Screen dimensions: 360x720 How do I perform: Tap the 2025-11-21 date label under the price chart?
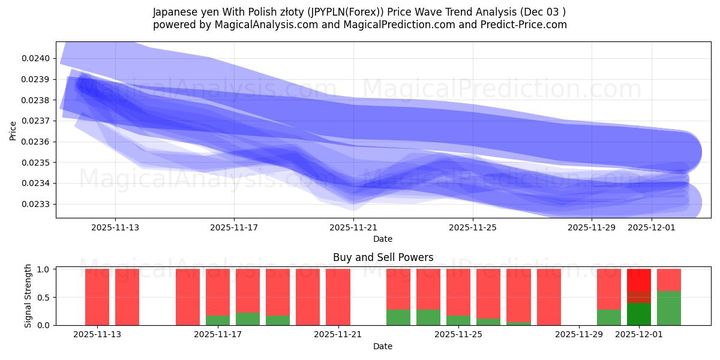coord(353,227)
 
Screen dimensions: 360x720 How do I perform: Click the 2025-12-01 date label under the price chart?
coord(651,227)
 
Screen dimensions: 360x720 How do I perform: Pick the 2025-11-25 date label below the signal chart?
coord(458,335)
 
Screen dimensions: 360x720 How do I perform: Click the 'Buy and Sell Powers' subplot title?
coord(383,257)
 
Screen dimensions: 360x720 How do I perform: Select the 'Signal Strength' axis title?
coord(28,296)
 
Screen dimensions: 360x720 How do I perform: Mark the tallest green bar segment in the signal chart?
coord(669,308)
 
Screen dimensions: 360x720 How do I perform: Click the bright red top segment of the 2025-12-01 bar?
coord(639,280)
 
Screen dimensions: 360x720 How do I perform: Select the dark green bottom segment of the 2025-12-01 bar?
coord(639,314)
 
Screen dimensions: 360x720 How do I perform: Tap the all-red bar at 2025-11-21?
coord(338,297)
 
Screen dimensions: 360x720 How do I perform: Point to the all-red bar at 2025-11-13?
coord(97,297)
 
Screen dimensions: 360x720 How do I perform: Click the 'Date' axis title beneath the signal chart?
coord(383,346)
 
